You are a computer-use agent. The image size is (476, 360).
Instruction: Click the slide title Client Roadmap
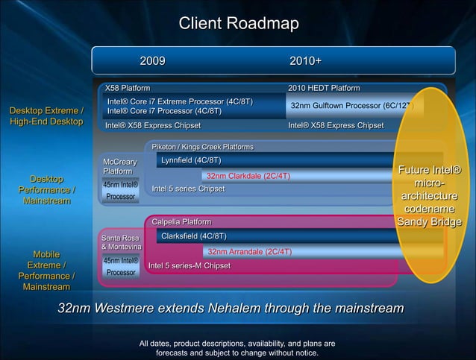[x=238, y=24]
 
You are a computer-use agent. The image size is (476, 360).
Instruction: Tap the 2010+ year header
[x=305, y=60]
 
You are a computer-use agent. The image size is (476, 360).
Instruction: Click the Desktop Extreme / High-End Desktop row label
[x=46, y=117]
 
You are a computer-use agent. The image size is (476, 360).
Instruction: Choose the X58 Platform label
[x=128, y=88]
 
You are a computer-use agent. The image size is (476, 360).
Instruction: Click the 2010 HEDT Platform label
[x=324, y=88]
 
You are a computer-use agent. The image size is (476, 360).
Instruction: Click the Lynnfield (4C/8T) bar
[x=191, y=160]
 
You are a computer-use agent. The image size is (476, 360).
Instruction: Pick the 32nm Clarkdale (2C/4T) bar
[x=248, y=176]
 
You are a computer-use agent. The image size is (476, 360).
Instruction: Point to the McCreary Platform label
[x=119, y=166]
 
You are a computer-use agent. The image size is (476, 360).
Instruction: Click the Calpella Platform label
[x=181, y=221]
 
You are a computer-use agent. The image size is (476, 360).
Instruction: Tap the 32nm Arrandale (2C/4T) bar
[x=249, y=252]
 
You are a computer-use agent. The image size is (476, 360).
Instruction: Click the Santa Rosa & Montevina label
[x=120, y=241]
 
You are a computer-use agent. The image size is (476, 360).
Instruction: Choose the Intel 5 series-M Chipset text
[x=190, y=265]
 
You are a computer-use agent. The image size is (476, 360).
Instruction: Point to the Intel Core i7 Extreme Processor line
[x=180, y=101]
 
